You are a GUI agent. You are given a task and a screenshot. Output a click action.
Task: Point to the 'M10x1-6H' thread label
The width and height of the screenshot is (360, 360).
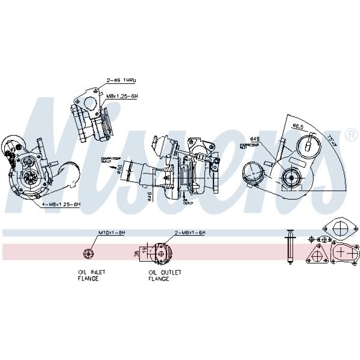point(112,233)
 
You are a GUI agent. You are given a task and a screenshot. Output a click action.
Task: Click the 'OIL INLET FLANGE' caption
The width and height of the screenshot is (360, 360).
point(92,275)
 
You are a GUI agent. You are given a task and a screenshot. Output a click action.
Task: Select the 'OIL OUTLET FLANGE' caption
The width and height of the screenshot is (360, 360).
point(165,275)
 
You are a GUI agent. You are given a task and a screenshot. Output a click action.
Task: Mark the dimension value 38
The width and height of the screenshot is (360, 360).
point(137,253)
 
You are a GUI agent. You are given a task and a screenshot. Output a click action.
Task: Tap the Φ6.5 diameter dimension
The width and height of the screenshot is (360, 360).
point(298,126)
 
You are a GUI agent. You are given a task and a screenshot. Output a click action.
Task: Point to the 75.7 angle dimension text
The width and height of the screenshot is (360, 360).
point(332,141)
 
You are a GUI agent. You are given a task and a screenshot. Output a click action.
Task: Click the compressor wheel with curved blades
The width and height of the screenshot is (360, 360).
point(28,176)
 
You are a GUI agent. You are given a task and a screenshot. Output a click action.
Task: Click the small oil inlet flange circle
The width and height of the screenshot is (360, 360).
point(88,253)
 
